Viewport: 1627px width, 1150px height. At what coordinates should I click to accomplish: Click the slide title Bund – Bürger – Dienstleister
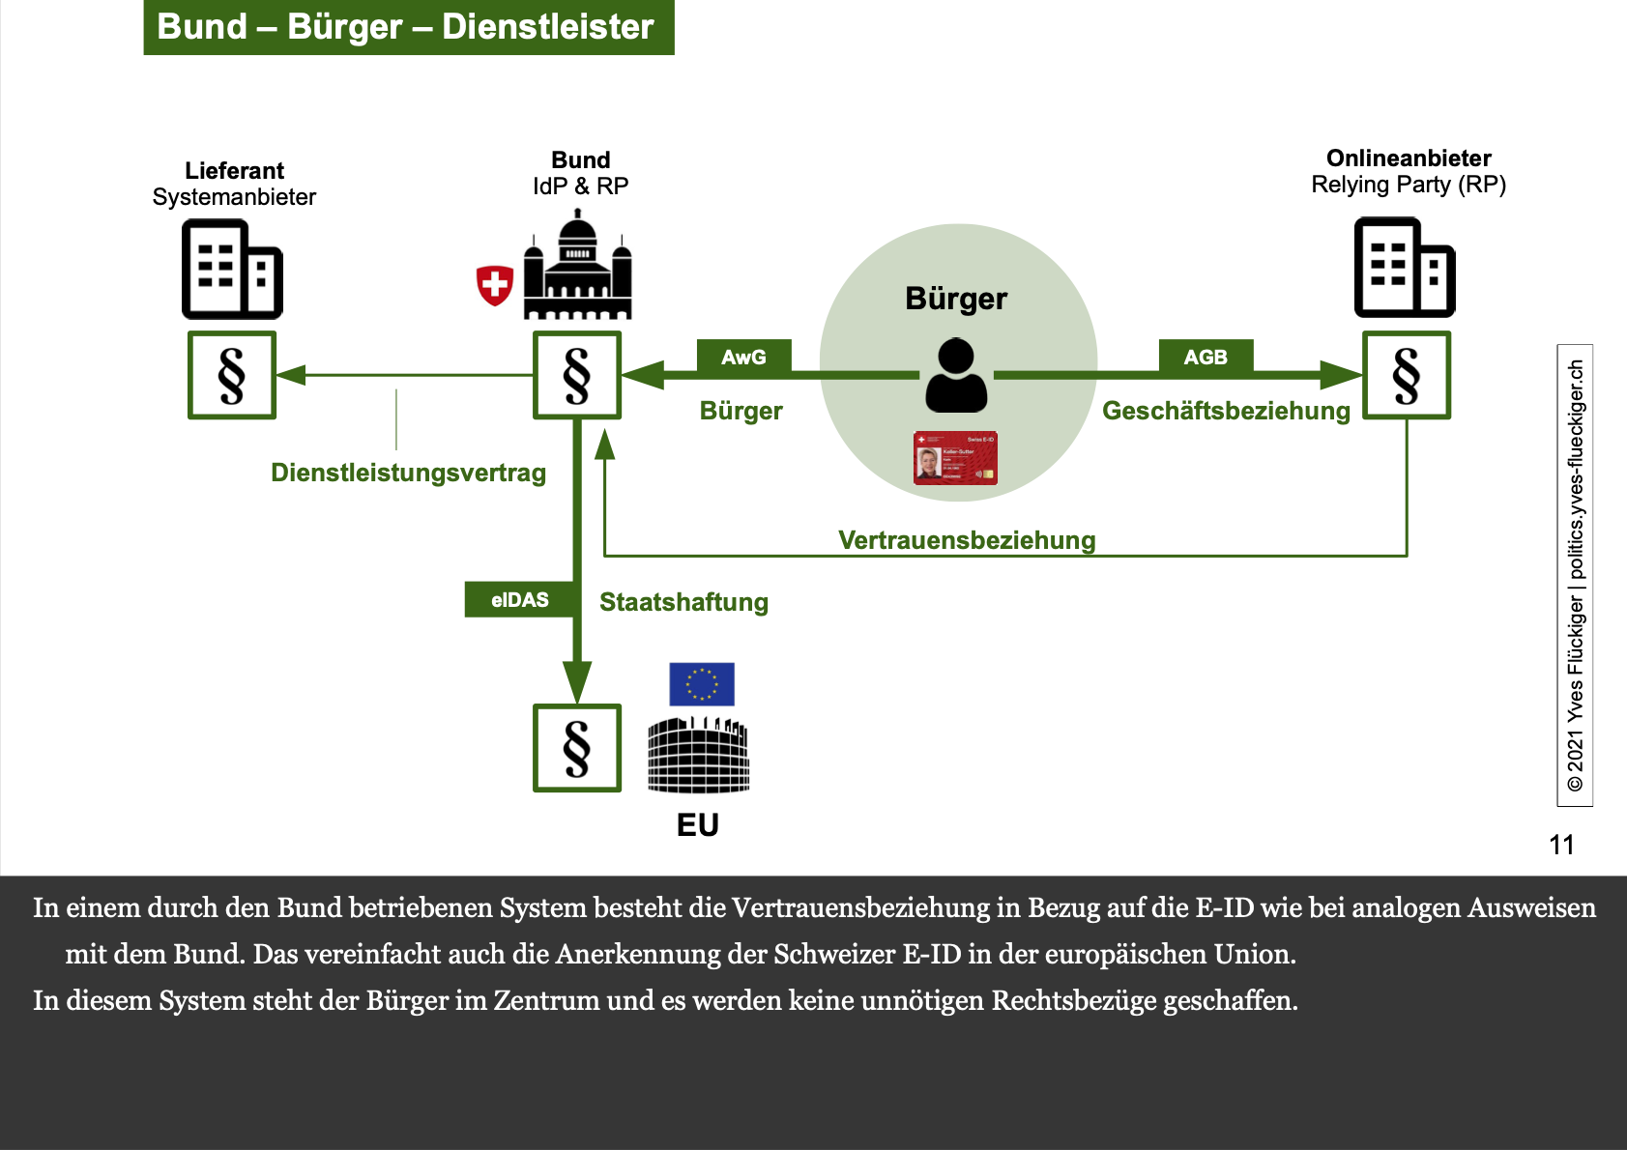coord(408,27)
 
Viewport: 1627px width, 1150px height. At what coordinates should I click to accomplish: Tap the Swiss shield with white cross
coord(495,285)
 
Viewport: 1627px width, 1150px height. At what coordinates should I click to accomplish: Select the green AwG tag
coord(743,357)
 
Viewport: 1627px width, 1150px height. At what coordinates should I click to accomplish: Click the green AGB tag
coord(1206,357)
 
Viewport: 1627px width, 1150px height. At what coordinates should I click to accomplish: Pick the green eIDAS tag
coord(520,599)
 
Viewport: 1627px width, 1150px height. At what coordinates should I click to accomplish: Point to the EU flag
coord(702,684)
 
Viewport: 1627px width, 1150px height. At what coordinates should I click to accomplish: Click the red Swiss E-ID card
coord(955,458)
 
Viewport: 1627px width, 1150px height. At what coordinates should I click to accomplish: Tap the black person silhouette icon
coord(956,376)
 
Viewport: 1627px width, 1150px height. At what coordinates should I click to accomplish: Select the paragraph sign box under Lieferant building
coord(232,375)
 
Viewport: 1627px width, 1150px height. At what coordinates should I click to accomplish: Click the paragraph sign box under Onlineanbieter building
coord(1406,375)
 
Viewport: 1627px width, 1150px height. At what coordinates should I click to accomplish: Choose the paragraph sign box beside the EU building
coord(577,748)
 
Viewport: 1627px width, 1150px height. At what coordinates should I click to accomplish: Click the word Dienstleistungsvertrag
coord(408,473)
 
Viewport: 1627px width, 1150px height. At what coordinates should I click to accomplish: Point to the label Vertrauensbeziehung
coord(967,540)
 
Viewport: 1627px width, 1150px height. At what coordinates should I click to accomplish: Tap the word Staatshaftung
coord(683,602)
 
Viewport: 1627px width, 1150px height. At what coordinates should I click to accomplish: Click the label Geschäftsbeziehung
coord(1226,411)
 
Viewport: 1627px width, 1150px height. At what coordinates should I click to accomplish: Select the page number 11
coord(1561,845)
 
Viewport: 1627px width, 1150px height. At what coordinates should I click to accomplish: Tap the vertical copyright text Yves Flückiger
coord(1575,575)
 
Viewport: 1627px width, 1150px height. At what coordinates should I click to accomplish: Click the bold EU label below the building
coord(698,824)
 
